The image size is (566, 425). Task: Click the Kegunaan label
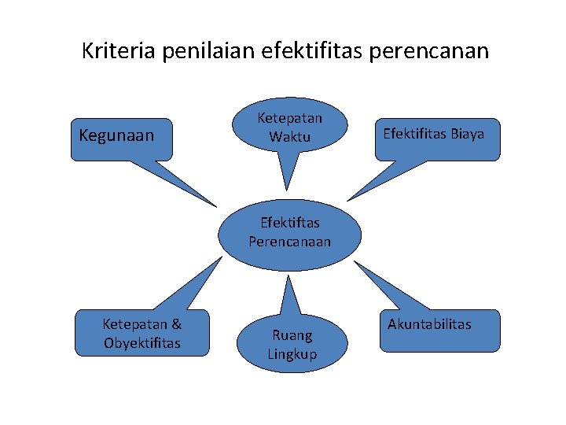[x=116, y=135]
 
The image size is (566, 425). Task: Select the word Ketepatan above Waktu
[x=290, y=118]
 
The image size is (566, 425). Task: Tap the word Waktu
[x=290, y=137]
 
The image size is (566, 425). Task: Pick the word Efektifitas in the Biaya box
[x=414, y=134]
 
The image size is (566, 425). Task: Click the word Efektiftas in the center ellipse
[x=290, y=223]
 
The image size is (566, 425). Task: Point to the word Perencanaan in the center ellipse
[x=290, y=242]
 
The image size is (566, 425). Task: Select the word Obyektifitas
[x=141, y=342]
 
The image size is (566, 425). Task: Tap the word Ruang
[x=292, y=335]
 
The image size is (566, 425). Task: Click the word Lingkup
[x=292, y=354]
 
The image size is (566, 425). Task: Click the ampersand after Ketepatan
[x=175, y=323]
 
